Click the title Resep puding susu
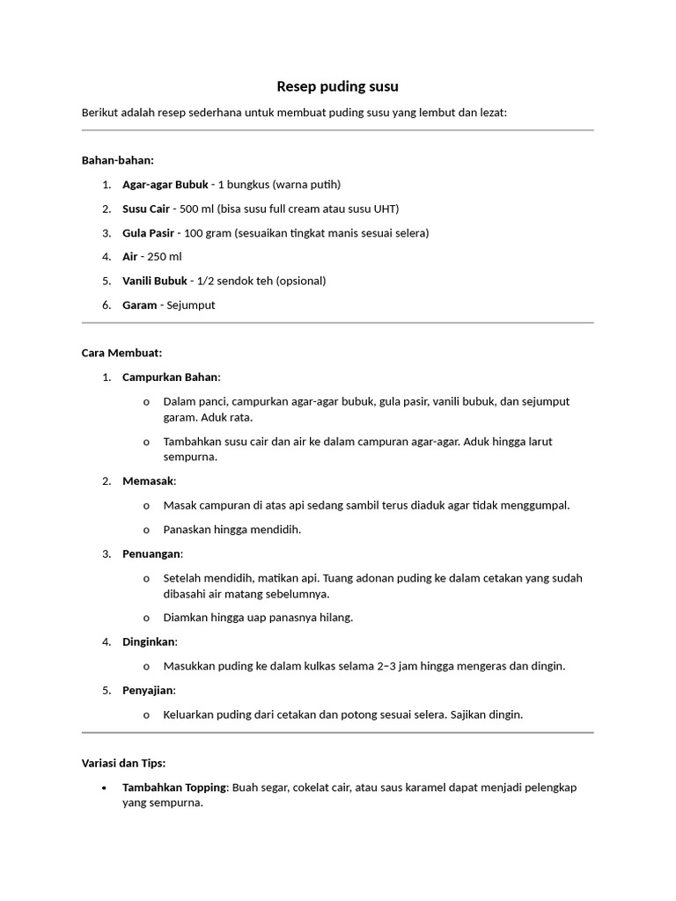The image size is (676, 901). point(337,86)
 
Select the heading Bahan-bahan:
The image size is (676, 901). point(117,160)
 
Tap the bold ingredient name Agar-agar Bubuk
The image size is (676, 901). point(165,185)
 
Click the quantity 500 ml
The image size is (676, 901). point(194,209)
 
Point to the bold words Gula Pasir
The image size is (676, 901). point(148,233)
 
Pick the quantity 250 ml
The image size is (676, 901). point(165,257)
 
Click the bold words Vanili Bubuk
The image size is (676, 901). point(155,281)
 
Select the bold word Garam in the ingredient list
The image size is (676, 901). point(140,305)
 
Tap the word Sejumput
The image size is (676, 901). point(191,305)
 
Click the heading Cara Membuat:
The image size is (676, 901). point(121,353)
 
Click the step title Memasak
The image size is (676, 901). point(148,481)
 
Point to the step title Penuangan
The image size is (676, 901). point(151,553)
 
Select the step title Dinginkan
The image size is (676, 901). point(149,641)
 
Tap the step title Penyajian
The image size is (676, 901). point(148,690)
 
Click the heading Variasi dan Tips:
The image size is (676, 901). point(123,763)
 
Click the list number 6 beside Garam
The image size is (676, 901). point(105,305)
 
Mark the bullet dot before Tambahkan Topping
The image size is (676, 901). point(105,787)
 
